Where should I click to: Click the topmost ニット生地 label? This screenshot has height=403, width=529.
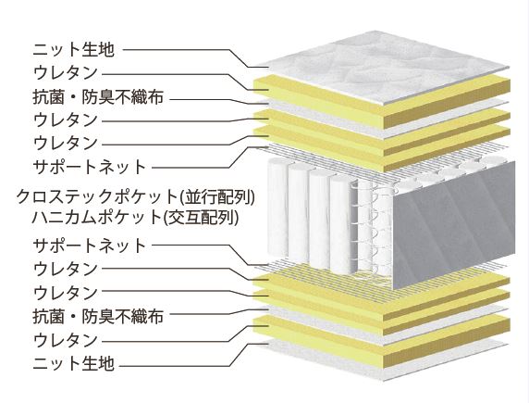pos(74,50)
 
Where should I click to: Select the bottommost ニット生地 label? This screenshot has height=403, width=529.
pos(74,363)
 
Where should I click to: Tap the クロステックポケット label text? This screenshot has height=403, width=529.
pos(97,196)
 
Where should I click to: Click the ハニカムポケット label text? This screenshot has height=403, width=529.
pos(96,217)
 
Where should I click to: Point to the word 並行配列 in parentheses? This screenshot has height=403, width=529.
pos(218,196)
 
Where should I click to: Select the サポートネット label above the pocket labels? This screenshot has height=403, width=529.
pos(90,167)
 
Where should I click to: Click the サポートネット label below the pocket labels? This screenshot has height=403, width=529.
pos(90,246)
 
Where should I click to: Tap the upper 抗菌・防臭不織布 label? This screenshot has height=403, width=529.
pos(98,97)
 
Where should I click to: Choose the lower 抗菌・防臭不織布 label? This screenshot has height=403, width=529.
pos(98,317)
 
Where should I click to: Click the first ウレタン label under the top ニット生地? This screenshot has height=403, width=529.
pos(66,72)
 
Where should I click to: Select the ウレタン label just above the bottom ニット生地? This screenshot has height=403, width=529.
pos(66,340)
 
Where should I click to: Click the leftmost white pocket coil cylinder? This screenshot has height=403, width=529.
pos(277,208)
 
